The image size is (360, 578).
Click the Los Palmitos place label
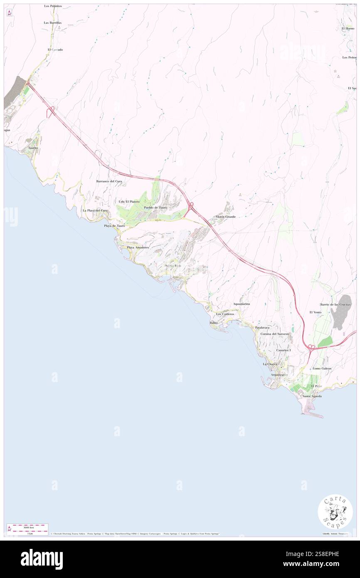coord(53,6)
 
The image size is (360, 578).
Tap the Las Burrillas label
coord(53,22)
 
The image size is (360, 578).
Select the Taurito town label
coord(33,148)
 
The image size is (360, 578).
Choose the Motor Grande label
coord(225,217)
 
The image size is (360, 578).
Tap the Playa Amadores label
coord(138,247)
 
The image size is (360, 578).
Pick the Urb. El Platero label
coord(129,202)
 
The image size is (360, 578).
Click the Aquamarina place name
coord(242,304)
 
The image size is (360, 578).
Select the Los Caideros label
coord(225,314)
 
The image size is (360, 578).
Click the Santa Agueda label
coord(312,396)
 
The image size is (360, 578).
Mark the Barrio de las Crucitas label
coord(336,305)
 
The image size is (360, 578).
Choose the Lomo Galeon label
coord(322,368)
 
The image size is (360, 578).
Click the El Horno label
coord(348,28)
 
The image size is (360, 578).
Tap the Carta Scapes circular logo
coord(335,511)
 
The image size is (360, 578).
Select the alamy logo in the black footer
coord(42,559)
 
